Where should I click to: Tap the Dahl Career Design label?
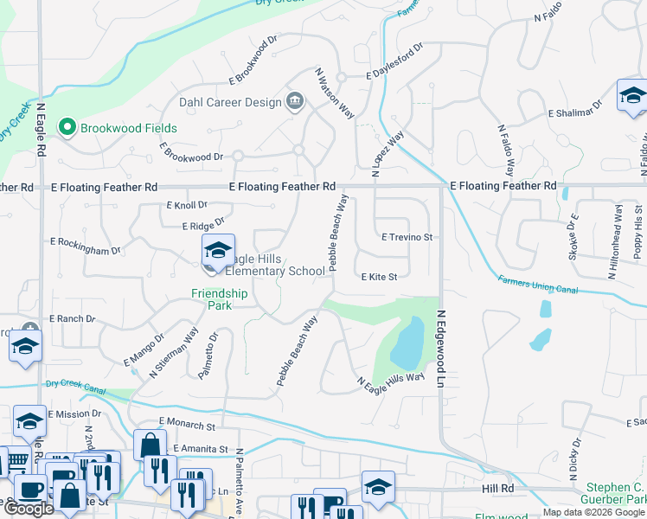point(230,102)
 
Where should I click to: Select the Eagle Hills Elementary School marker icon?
point(215,253)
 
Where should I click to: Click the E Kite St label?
point(378,277)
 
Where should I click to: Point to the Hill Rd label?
point(498,489)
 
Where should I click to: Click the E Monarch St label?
point(186,426)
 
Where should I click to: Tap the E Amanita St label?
point(200,449)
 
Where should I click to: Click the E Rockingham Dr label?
point(86,246)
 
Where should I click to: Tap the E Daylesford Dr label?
point(394,61)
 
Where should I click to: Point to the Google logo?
point(29,509)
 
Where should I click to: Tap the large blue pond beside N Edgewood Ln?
point(407,343)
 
